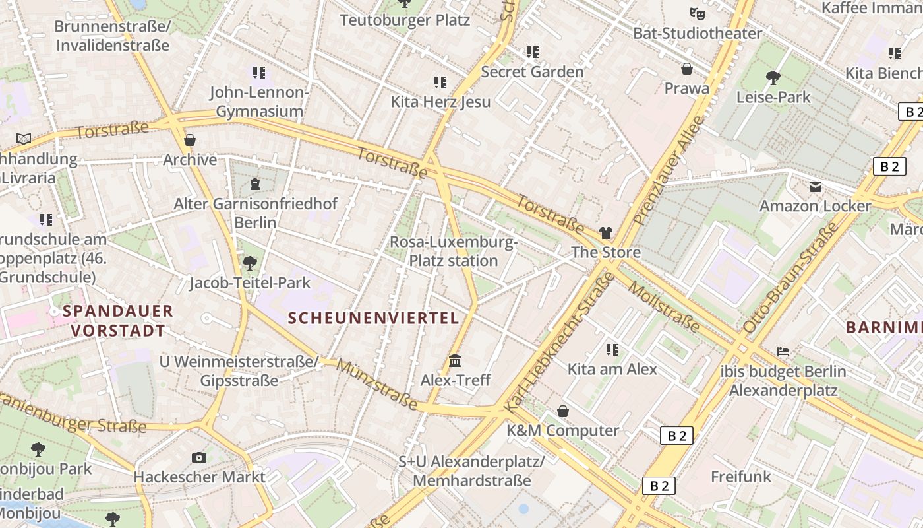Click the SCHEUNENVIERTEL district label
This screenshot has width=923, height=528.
[373, 318]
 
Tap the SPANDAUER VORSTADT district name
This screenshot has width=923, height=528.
[118, 321]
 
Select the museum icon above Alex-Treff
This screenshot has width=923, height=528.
[455, 361]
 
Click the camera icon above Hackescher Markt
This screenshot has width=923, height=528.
[198, 457]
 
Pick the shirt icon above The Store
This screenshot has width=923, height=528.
[605, 233]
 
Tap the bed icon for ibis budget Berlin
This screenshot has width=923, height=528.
[783, 351]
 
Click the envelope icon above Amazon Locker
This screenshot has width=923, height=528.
[816, 187]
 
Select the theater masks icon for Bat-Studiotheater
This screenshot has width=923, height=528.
[697, 13]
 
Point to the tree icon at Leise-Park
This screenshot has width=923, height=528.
[773, 78]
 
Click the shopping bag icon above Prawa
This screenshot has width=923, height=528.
[687, 69]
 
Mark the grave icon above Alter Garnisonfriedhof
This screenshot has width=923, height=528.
[255, 184]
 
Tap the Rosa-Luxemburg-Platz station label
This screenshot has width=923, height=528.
[454, 251]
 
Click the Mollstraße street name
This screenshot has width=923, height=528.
[663, 307]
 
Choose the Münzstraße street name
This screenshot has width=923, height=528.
[376, 384]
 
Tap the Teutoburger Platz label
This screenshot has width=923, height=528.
[405, 20]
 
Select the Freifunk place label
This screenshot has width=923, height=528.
[741, 476]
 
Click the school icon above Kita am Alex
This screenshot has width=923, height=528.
[612, 349]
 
